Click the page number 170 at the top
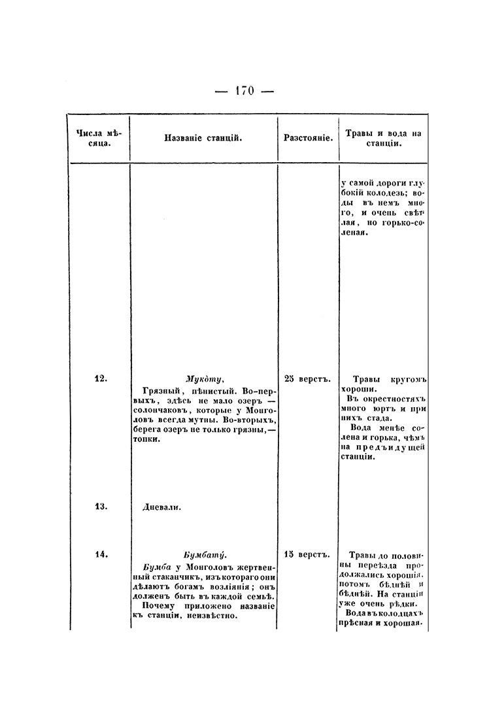coord(244,91)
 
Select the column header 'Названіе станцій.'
coord(204,139)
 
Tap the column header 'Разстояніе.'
coord(308,139)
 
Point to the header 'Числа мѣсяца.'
coord(99,138)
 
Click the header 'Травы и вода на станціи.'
coord(382,138)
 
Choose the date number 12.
coord(100,378)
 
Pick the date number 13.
coord(100,506)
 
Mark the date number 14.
coord(100,554)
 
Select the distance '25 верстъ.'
coord(308,378)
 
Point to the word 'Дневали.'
coord(161,507)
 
